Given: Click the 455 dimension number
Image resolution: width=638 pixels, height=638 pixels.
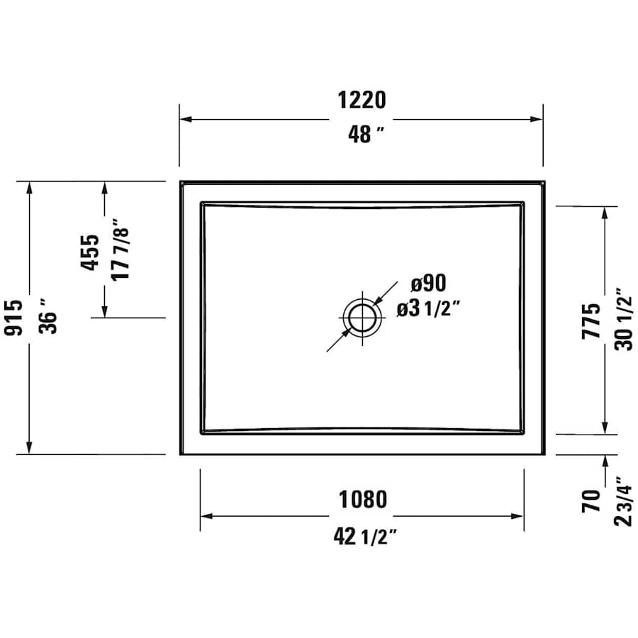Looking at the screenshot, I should pos(90,252).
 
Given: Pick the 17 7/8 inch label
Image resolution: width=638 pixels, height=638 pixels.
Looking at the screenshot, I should pos(121,252).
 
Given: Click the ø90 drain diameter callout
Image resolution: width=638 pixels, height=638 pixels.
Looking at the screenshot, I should pos(428,284).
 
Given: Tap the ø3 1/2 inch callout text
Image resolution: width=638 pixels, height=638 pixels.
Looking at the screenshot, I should pos(429,308).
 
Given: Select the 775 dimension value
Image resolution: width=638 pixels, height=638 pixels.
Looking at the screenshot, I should pos(591,320).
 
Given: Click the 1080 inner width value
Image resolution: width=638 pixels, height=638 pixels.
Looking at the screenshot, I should pos(361,499).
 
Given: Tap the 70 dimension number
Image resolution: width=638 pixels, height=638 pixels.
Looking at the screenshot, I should pos(591,501).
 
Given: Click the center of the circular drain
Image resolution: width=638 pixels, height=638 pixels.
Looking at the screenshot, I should pos(363,318).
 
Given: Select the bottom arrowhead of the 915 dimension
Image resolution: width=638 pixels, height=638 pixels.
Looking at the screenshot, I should pos(29,449).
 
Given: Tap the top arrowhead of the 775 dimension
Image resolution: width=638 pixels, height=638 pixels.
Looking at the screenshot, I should pos(605,211).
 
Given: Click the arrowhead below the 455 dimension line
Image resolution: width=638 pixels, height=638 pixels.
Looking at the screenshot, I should pos(105,311).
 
